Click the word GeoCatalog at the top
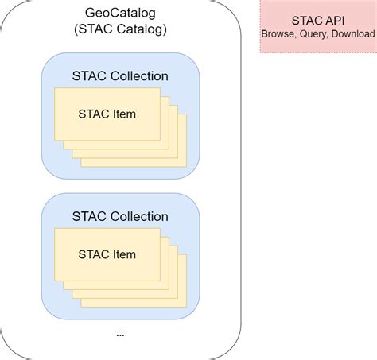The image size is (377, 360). point(120,14)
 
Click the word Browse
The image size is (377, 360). point(279,35)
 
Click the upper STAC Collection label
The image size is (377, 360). point(120,76)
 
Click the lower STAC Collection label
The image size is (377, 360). point(120,216)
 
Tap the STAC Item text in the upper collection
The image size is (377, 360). point(107,114)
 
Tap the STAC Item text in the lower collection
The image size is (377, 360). point(107,254)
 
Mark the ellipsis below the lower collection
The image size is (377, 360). point(120,334)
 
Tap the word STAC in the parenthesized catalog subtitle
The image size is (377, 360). point(95,31)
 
